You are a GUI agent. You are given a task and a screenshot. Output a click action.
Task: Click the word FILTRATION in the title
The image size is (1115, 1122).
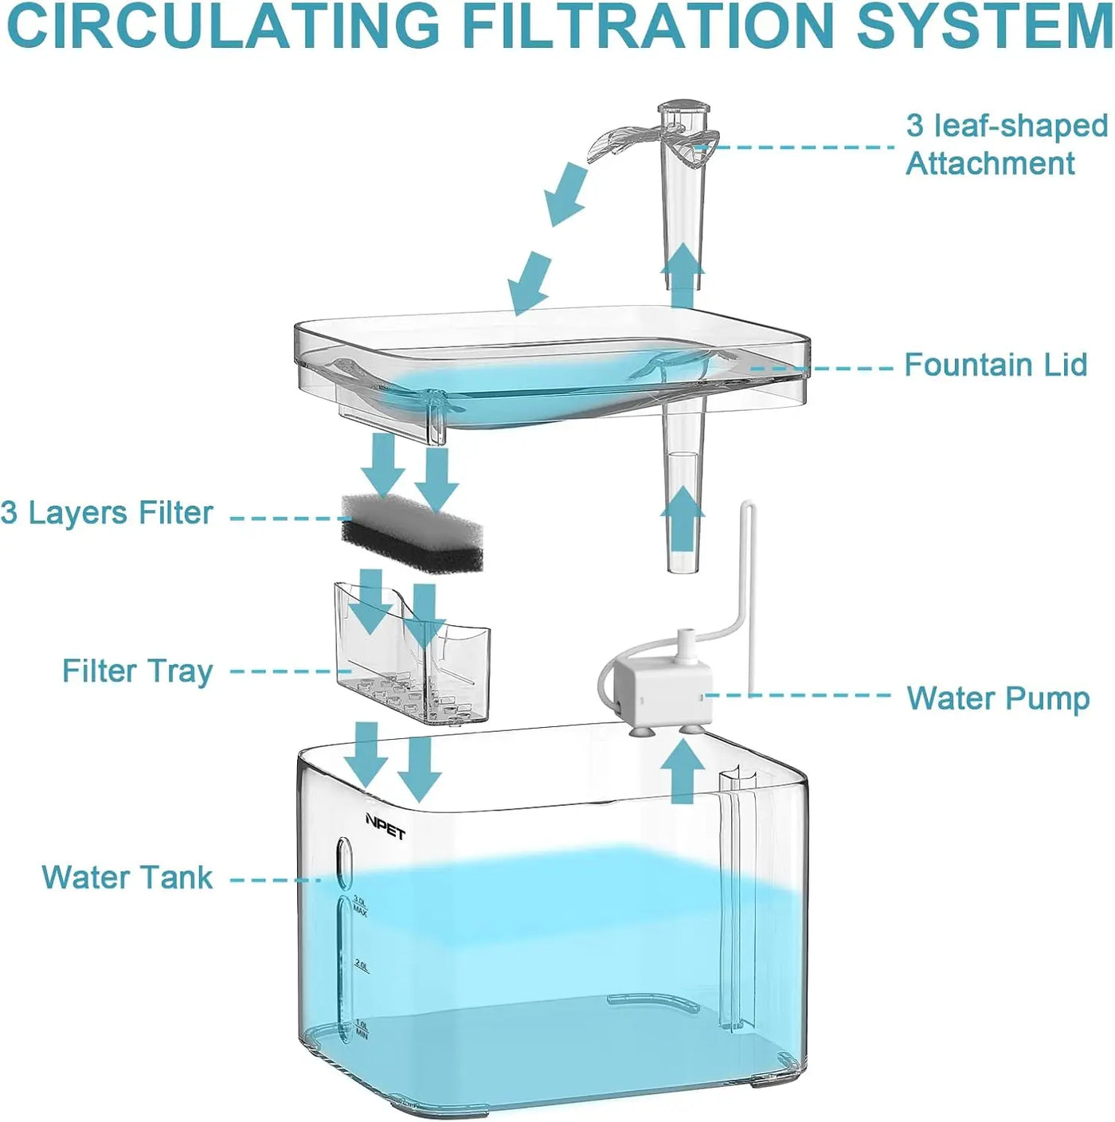click(x=647, y=25)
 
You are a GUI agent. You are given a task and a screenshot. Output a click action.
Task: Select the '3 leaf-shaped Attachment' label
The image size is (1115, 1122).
click(x=1006, y=144)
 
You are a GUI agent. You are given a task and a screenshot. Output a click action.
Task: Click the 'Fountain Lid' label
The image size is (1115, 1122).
click(x=996, y=366)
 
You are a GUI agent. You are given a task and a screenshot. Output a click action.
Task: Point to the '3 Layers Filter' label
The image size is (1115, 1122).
click(x=107, y=514)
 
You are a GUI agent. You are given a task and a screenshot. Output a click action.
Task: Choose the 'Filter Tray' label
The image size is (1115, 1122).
click(x=138, y=671)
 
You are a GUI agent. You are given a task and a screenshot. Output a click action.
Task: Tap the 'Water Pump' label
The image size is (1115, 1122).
click(x=997, y=698)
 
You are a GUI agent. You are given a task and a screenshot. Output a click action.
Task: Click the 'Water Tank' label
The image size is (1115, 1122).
click(x=127, y=878)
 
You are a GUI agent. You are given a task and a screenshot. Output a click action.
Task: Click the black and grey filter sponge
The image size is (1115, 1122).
click(x=411, y=529)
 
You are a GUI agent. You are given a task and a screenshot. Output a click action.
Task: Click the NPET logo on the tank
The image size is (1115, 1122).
click(x=385, y=827)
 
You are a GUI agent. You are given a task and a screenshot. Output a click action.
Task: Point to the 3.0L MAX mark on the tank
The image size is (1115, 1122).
click(x=360, y=906)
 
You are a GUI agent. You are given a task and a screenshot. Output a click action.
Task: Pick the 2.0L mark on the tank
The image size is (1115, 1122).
click(x=361, y=966)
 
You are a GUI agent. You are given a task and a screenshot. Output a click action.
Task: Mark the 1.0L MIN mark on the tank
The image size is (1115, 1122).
click(x=361, y=1029)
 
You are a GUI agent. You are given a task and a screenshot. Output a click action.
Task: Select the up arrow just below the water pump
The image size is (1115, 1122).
click(x=683, y=771)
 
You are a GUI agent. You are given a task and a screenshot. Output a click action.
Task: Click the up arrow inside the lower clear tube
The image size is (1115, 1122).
click(x=683, y=519)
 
